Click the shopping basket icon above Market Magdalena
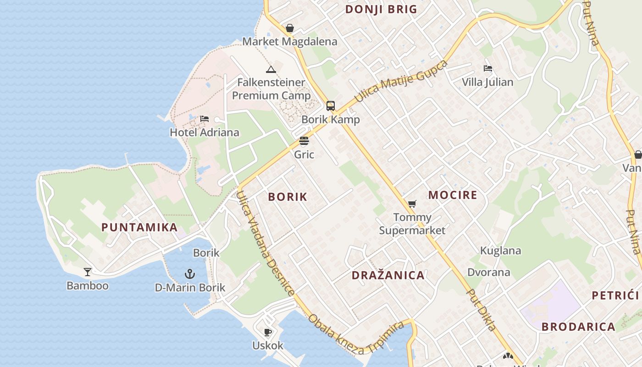[x=290, y=28]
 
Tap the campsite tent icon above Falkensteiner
[x=271, y=69]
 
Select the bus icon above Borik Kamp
[x=331, y=106]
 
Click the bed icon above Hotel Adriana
[x=205, y=119]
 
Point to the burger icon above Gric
[x=304, y=141]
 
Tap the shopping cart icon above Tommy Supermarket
[x=412, y=204]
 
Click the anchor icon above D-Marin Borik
[x=190, y=274]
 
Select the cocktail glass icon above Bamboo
[x=88, y=272]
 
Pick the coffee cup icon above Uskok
[x=268, y=332]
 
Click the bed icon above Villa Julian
[x=488, y=68]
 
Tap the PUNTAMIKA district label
[x=139, y=227]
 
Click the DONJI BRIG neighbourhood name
[x=381, y=9]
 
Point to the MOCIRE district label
[x=453, y=195]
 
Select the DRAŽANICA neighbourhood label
[x=388, y=275]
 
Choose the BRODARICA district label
[x=578, y=327]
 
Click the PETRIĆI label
[x=615, y=295]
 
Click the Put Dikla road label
[x=481, y=309]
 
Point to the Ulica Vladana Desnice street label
[x=266, y=243]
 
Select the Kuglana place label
[x=500, y=250]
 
